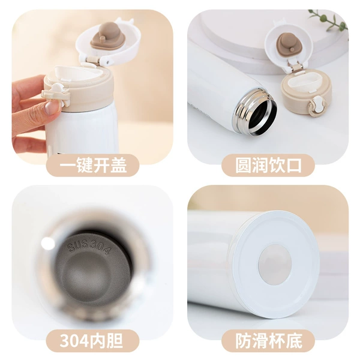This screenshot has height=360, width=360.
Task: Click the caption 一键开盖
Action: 93,166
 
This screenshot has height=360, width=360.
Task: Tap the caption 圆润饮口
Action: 268,166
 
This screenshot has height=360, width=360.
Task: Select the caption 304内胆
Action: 91,341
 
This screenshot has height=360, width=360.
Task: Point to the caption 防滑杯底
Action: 269,341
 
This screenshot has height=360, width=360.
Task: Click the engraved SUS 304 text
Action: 89,247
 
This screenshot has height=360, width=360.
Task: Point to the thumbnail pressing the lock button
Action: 52,107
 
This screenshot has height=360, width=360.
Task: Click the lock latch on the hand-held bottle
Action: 56,95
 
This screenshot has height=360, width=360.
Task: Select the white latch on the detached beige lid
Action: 318,106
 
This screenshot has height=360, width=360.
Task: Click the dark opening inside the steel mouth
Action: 263,115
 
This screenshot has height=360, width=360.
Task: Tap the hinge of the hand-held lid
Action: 93,60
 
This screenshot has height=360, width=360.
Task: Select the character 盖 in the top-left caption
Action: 118,166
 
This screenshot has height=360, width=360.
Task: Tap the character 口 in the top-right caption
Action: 293,166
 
